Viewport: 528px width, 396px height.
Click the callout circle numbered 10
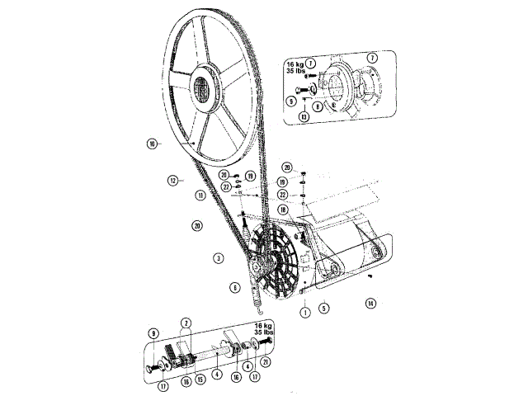[152, 144]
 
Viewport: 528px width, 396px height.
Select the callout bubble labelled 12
[173, 179]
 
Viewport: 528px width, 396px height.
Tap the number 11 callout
[200, 196]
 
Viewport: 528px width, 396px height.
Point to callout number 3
[218, 257]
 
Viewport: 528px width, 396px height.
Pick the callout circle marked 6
[234, 287]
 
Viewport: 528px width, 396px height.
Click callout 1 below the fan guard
[304, 311]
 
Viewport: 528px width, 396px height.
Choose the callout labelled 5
[324, 307]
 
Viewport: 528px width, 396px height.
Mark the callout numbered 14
[370, 304]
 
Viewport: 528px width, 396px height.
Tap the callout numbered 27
[224, 186]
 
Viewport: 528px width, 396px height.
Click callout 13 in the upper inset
[304, 117]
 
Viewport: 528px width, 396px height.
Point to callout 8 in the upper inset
[318, 106]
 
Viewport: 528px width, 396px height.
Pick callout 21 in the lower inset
[264, 361]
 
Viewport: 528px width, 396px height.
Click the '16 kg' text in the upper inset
[295, 63]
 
